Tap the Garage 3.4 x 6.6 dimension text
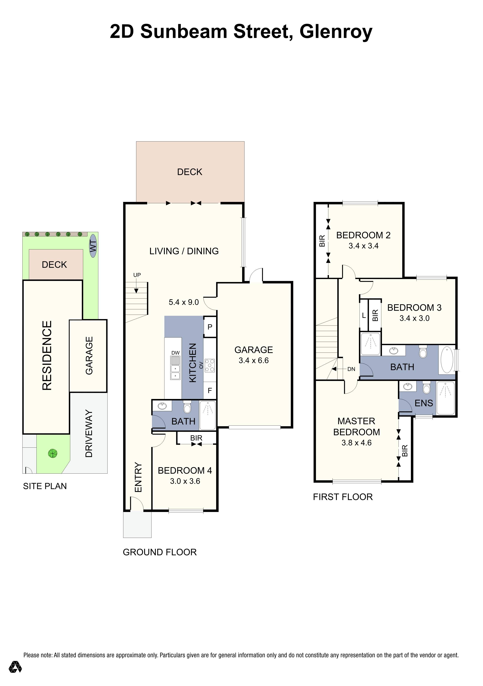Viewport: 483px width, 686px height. click(254, 360)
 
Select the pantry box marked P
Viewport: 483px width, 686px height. click(210, 327)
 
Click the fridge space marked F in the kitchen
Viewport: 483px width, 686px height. click(210, 391)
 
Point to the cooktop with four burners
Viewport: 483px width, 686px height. click(210, 365)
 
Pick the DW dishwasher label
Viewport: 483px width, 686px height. click(176, 353)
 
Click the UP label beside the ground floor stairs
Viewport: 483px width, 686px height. click(137, 275)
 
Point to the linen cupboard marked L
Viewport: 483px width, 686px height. click(364, 316)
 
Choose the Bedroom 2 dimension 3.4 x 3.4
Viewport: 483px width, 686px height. click(364, 246)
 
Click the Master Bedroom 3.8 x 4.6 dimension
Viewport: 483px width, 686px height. click(356, 443)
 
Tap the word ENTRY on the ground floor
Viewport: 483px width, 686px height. click(138, 477)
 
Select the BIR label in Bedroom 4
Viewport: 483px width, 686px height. click(196, 438)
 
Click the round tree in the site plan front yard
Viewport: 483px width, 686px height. click(53, 453)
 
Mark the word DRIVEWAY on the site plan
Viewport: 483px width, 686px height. click(89, 434)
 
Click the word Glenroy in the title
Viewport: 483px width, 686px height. click(336, 32)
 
